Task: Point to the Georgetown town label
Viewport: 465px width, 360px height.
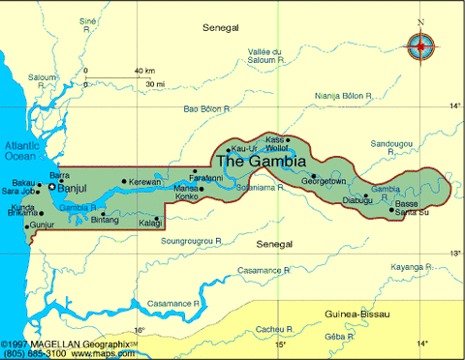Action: click(x=324, y=181)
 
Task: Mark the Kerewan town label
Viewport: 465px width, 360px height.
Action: click(x=145, y=182)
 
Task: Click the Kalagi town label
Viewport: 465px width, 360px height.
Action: click(x=150, y=224)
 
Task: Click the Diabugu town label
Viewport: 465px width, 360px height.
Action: click(x=357, y=200)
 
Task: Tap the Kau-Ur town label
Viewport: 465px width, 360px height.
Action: click(x=245, y=148)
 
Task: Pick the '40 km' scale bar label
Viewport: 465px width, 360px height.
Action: click(x=144, y=71)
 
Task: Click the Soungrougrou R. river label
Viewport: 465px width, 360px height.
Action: click(x=192, y=239)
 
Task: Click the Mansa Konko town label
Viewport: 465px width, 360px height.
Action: click(x=187, y=193)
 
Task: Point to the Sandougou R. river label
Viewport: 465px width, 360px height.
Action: click(x=391, y=147)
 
